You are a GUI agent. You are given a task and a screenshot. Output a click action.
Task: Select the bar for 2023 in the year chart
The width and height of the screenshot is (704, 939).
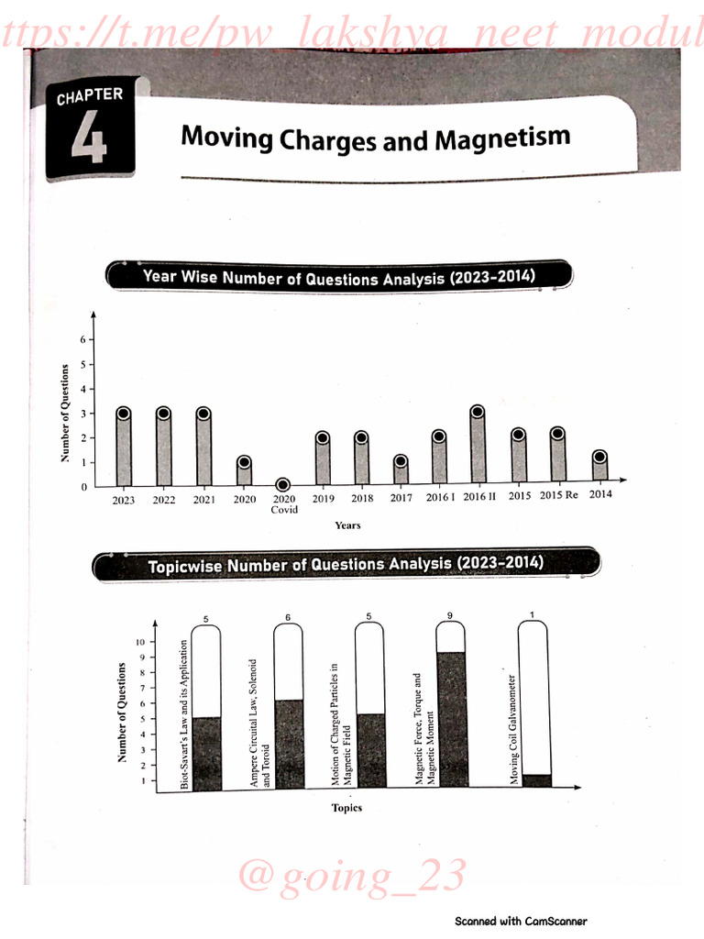pos(123,449)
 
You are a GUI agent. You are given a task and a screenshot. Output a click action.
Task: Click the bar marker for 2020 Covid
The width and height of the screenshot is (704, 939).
pos(283,484)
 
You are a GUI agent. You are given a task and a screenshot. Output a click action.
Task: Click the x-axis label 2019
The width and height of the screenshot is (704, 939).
pos(323,499)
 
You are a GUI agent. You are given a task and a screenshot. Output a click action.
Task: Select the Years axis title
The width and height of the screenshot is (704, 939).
pos(347,525)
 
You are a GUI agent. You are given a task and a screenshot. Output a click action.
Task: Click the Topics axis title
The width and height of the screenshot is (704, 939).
pos(346,808)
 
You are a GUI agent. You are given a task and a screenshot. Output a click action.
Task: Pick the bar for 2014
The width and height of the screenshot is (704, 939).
pos(599,467)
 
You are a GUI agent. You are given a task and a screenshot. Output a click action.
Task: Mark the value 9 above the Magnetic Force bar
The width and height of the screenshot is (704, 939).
pos(450,616)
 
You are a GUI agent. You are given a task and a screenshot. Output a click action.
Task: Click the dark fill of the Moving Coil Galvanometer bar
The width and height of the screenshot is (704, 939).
pos(536,780)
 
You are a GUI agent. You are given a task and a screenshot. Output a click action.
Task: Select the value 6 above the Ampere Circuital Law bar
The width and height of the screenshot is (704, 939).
pos(288,617)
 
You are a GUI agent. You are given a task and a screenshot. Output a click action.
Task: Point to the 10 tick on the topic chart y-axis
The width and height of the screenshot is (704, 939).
pos(139,642)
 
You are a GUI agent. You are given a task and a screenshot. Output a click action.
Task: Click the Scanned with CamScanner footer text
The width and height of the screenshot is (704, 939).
pos(521,922)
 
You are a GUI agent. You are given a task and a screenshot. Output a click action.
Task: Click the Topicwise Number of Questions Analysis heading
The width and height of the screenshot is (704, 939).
pos(346,565)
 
